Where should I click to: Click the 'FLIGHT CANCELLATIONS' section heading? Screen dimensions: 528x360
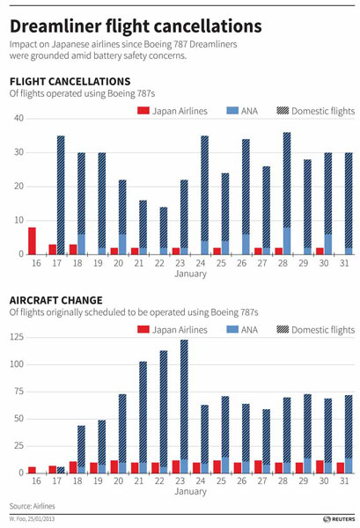click(69, 81)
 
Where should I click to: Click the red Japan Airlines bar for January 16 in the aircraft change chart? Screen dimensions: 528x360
click(32, 470)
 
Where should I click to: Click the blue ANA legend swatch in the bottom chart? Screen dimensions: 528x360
click(232, 329)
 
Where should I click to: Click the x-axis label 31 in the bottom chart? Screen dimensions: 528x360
click(348, 482)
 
